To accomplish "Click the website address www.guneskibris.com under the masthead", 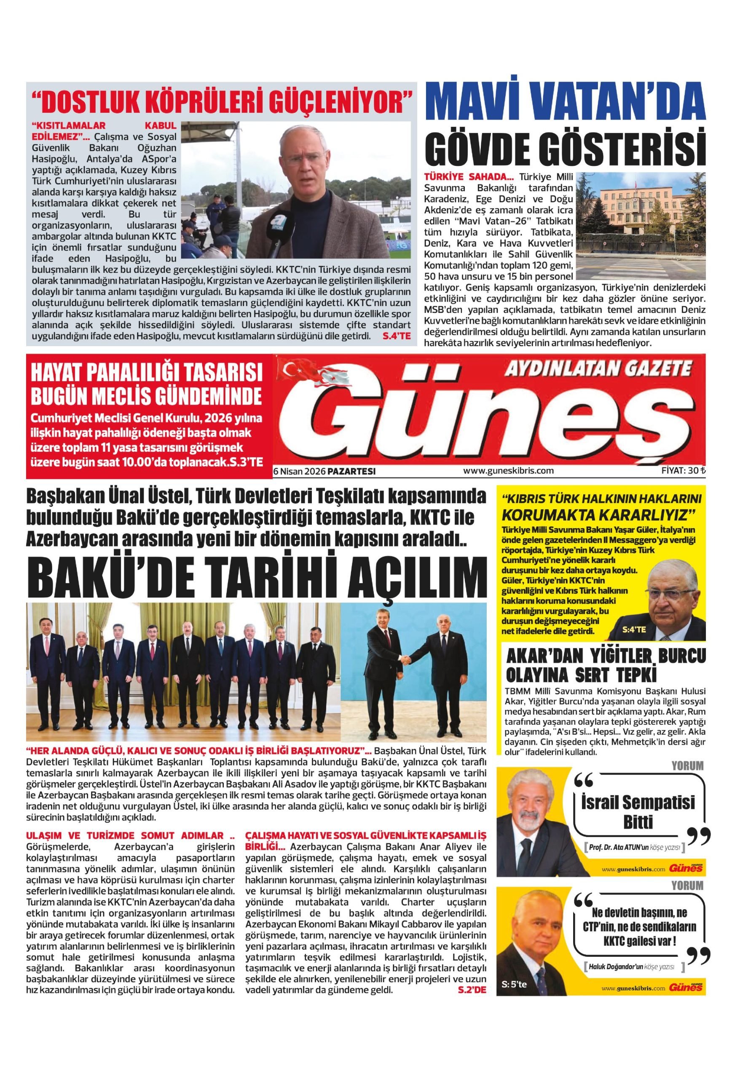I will (508, 470).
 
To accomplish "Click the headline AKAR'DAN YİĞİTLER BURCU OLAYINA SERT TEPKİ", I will (605, 665).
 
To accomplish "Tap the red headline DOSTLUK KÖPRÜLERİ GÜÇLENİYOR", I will (221, 101).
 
